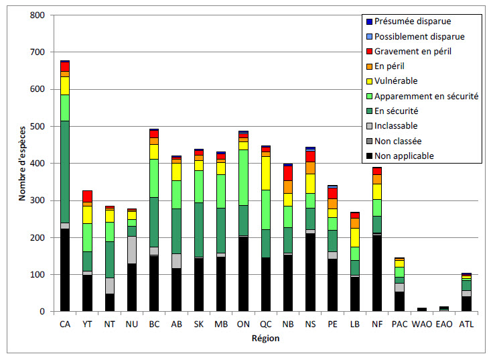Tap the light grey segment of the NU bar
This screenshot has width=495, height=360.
click(x=132, y=249)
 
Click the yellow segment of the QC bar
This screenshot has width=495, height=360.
click(x=265, y=173)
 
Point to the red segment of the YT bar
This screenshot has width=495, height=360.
click(x=87, y=196)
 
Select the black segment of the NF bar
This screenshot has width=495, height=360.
click(x=376, y=273)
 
